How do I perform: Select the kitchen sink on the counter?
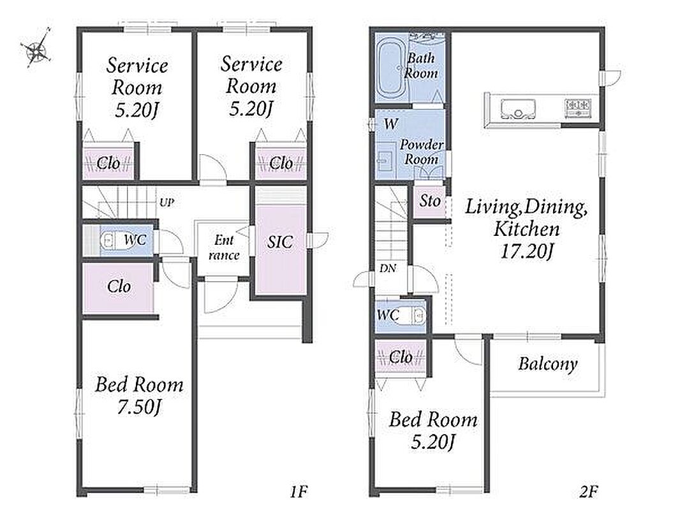(518, 108)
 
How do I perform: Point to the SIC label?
(280, 242)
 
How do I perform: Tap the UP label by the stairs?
(167, 202)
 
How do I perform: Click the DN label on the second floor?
(388, 268)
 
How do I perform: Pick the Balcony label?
(548, 364)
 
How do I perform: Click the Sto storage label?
(430, 201)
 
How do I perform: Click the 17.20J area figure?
(526, 251)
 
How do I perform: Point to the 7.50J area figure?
(139, 407)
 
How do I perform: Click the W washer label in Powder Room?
(391, 124)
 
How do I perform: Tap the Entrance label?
(224, 247)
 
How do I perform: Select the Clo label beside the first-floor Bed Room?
(119, 286)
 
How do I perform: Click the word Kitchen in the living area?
(526, 229)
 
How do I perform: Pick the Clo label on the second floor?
(401, 357)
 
